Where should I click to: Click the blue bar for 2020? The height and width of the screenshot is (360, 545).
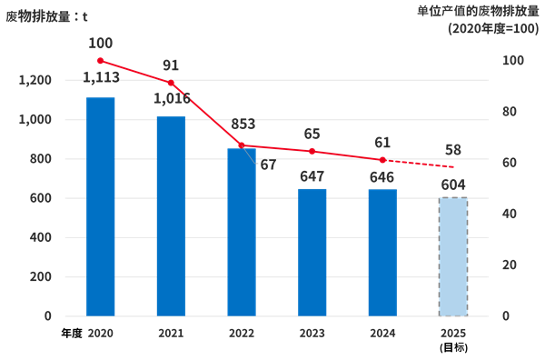click(101, 206)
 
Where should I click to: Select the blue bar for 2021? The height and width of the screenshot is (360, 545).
click(171, 215)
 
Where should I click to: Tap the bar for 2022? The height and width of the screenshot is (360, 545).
click(242, 232)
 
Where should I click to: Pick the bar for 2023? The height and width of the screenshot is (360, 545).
click(312, 252)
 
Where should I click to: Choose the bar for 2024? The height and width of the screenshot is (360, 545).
click(382, 252)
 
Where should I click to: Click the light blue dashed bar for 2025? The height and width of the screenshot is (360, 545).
click(452, 256)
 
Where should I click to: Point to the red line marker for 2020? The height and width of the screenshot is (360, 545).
click(101, 61)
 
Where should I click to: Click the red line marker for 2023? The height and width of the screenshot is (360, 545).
click(312, 151)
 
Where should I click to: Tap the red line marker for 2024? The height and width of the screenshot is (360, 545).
click(382, 160)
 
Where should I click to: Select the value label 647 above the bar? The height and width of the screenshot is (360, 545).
click(312, 176)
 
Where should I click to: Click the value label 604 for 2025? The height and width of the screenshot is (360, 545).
click(452, 185)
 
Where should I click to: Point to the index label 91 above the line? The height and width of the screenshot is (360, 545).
click(171, 65)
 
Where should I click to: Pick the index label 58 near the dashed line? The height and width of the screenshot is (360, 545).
click(452, 149)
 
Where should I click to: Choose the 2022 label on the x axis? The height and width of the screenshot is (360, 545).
click(242, 334)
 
